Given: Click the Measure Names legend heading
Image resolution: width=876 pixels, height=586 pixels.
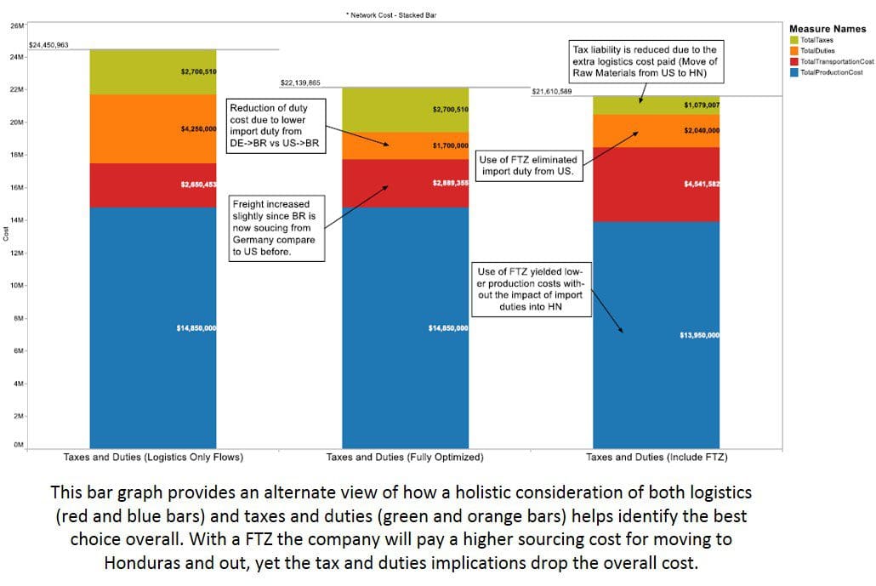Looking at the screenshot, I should click(x=828, y=29).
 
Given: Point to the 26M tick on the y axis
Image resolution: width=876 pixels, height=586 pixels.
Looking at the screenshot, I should click(x=17, y=26).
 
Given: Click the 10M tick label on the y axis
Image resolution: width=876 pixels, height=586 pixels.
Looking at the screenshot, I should click(x=17, y=286).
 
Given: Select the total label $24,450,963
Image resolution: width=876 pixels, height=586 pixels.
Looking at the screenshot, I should click(x=48, y=44).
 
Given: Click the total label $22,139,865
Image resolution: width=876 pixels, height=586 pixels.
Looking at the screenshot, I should click(x=300, y=82).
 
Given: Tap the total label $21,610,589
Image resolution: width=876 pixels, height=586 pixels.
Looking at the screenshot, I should click(x=551, y=91).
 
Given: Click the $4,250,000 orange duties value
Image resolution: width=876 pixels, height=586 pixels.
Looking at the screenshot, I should click(x=198, y=129).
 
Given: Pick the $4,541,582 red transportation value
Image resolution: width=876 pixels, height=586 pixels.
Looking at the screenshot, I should click(x=702, y=184).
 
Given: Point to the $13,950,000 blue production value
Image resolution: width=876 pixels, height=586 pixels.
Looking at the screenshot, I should click(x=700, y=335).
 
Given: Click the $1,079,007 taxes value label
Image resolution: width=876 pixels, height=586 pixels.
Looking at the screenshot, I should click(x=702, y=105).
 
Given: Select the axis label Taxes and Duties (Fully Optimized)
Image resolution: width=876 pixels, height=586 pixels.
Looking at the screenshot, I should click(x=405, y=457).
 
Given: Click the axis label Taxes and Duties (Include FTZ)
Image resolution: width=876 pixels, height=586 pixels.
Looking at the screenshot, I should click(x=657, y=457).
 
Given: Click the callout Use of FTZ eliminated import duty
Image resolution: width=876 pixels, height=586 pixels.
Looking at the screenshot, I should click(x=527, y=165).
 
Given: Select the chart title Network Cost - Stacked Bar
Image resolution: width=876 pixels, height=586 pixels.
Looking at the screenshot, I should click(x=393, y=15).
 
